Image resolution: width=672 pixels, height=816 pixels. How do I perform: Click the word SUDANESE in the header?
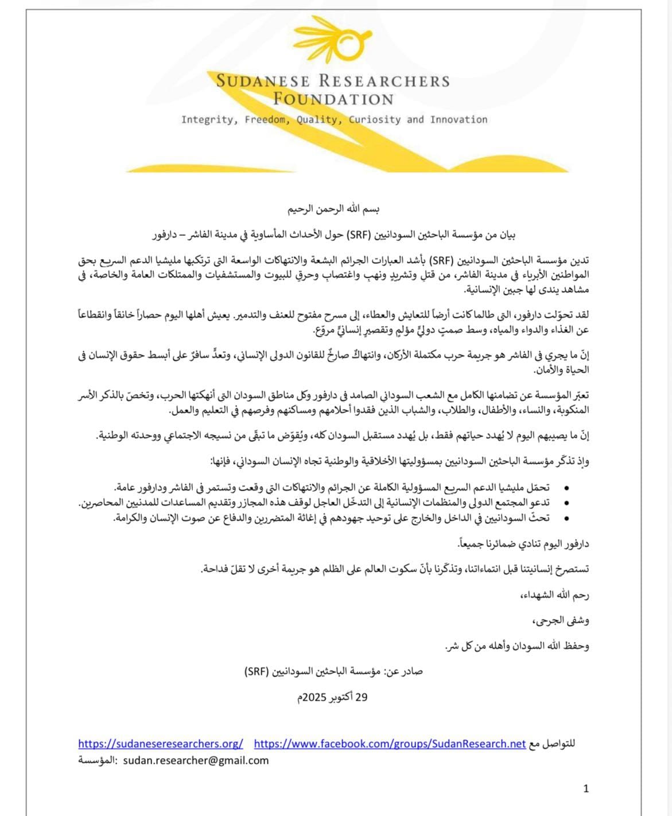[x=263, y=81]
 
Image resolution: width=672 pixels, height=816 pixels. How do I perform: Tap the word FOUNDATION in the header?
[x=333, y=99]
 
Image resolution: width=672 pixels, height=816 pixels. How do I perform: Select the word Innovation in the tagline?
[x=459, y=119]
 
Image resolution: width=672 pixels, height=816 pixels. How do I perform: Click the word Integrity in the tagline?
[x=207, y=119]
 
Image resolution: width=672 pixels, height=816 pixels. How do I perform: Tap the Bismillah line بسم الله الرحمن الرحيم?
[x=334, y=208]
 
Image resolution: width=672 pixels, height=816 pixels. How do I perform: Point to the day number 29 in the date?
[x=362, y=697]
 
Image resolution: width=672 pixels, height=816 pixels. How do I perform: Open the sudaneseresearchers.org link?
[x=161, y=744]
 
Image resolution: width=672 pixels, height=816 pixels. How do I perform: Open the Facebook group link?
[x=390, y=744]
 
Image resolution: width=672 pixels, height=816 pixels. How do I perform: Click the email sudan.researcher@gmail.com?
[x=196, y=760]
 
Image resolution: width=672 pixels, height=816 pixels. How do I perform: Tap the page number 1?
[x=586, y=788]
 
